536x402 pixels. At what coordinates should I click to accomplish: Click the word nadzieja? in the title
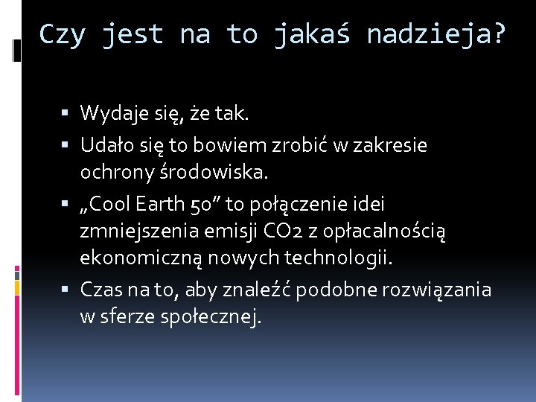point(436,34)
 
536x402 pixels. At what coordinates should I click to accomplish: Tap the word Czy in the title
point(63,34)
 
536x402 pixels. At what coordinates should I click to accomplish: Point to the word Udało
point(105,145)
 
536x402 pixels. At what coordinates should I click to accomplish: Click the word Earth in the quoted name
point(162,203)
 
